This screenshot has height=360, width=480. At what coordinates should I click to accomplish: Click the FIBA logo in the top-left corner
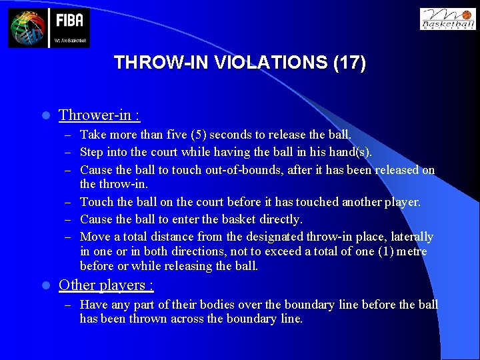coord(49,27)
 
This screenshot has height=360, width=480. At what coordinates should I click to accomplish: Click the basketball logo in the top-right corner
coord(447,19)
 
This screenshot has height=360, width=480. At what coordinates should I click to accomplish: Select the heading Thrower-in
coord(99,115)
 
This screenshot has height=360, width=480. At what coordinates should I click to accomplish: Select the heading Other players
coord(106,285)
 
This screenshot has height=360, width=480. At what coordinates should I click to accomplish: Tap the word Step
coord(92,152)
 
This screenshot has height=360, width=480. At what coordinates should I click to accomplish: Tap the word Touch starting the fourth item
coord(97,201)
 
